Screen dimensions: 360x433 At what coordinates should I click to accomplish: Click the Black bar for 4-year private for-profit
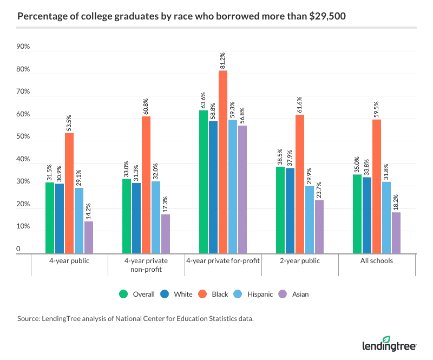pos(223,162)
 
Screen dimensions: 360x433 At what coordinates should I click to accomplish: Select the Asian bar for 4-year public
pos(88,237)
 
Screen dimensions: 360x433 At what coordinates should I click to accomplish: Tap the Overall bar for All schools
pos(357,214)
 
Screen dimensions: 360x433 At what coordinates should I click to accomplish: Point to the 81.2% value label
pos(223,61)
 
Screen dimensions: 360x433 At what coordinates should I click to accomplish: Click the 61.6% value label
pos(300,104)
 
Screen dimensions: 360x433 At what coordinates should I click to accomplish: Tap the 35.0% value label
pos(357,165)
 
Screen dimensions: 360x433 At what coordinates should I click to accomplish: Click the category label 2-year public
pos(300,261)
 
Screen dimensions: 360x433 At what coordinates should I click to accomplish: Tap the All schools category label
pos(377,261)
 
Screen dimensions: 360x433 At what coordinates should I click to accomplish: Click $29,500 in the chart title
pos(326,17)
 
